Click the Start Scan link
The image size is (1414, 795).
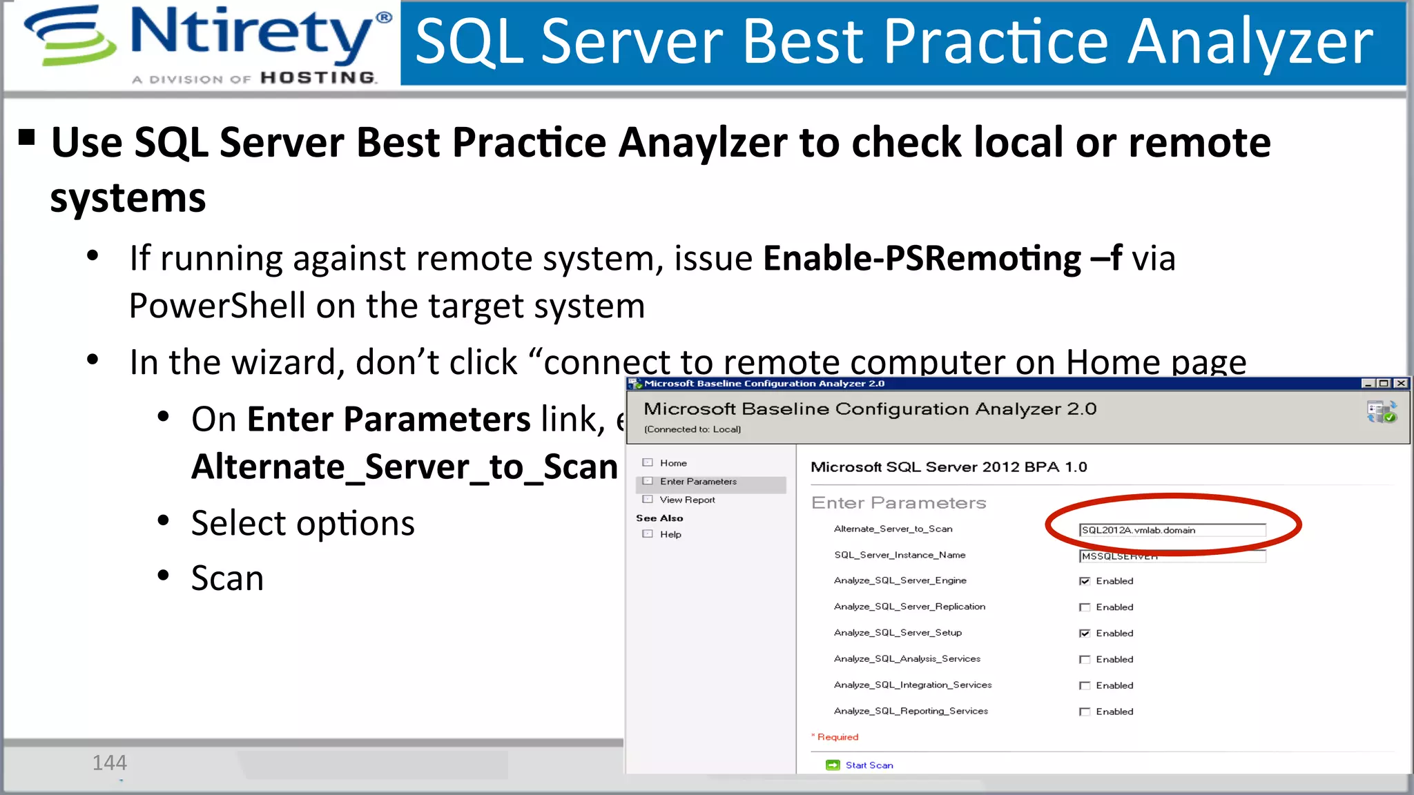869,765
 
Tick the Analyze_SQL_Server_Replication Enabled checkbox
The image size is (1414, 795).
1085,607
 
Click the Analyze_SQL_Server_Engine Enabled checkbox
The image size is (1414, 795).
1085,581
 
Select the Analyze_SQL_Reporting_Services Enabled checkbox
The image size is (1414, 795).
1085,711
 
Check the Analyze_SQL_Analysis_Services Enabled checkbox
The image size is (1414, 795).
1085,660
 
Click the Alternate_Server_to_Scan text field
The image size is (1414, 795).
1171,530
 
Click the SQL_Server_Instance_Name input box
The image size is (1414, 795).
1171,556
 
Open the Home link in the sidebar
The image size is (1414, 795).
672,463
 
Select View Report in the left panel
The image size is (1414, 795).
687,500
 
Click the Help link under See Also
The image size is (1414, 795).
670,534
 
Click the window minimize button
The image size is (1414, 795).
1367,384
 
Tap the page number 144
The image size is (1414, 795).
110,763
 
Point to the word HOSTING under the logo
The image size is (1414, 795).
318,77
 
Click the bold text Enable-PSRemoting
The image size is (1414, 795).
922,259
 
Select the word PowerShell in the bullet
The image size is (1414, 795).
217,306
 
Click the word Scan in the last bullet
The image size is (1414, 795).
227,578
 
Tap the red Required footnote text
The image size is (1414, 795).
837,737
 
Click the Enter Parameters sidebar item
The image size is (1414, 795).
697,482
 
